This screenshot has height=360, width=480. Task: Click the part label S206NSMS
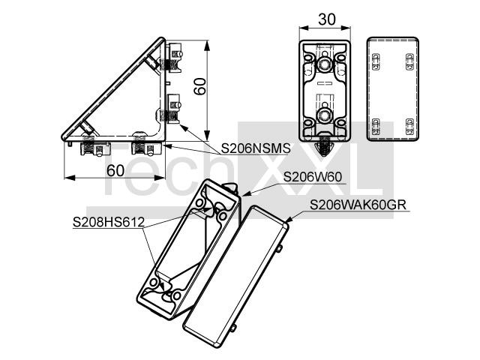tap(256, 148)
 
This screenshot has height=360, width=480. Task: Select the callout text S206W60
tap(313, 177)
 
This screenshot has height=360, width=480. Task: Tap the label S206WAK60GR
tap(358, 205)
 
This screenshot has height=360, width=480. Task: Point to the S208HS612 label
tap(108, 222)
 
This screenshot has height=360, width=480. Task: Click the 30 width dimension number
tap(327, 19)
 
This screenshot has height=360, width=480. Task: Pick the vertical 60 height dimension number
tap(200, 86)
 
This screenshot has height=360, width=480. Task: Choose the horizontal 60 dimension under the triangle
tap(115, 170)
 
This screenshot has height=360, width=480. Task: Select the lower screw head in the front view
tap(324, 115)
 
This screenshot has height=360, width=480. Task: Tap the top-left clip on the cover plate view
tap(376, 61)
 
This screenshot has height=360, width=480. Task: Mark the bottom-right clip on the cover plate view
tap(409, 127)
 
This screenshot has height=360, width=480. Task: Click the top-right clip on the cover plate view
tap(409, 61)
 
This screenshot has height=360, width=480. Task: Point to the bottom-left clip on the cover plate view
tap(376, 127)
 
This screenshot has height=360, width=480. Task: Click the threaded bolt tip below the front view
tap(325, 148)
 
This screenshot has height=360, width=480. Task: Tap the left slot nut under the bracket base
tap(95, 148)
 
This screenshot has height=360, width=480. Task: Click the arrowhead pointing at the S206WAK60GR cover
tap(289, 218)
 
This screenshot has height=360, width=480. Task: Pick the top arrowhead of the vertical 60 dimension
tap(207, 46)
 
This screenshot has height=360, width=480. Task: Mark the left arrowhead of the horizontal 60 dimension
tap(70, 178)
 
